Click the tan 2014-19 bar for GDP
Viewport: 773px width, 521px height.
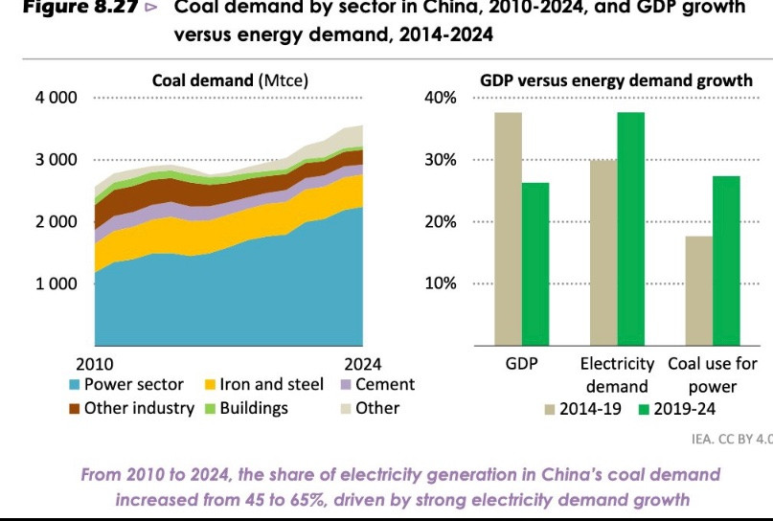508,229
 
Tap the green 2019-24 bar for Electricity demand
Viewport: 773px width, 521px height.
630,229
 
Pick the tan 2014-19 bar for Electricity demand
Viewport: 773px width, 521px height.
603,253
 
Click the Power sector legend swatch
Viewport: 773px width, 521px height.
74,385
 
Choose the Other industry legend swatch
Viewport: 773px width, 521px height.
74,409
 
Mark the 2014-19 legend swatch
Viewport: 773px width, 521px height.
550,410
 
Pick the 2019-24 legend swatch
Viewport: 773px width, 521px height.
644,410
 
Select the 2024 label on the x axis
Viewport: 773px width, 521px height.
362,364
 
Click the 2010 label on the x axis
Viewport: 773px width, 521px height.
94,364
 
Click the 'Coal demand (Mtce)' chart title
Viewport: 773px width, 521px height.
230,80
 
